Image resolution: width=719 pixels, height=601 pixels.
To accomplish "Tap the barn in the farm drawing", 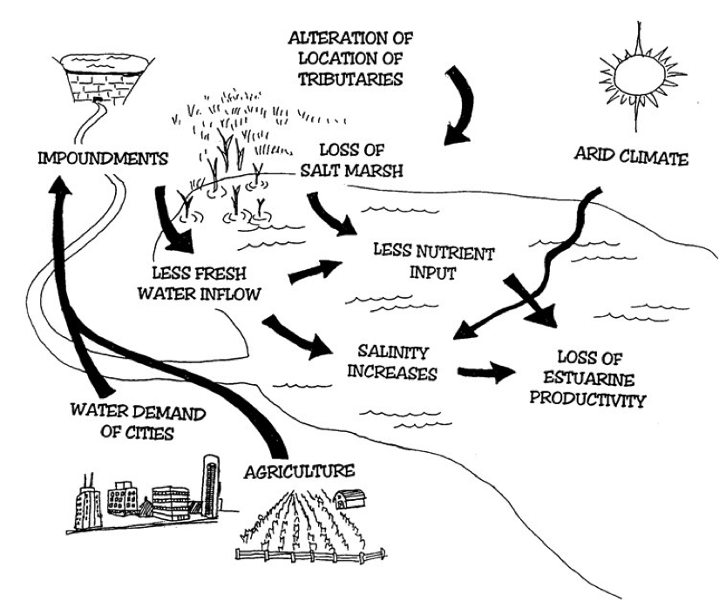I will coord(346,499).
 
